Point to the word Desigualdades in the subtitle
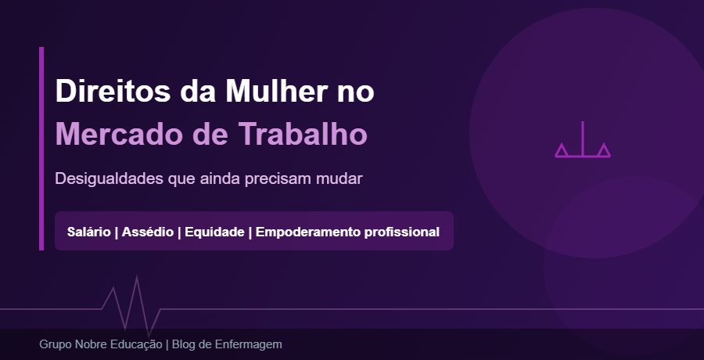[x=109, y=178]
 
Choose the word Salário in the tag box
[x=89, y=232]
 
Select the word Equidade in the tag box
[x=214, y=232]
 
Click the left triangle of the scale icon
[x=562, y=149]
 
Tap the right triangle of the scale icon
[x=603, y=149]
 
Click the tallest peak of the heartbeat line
[x=137, y=279]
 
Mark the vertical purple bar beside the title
[x=41, y=149]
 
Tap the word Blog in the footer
[x=184, y=344]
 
